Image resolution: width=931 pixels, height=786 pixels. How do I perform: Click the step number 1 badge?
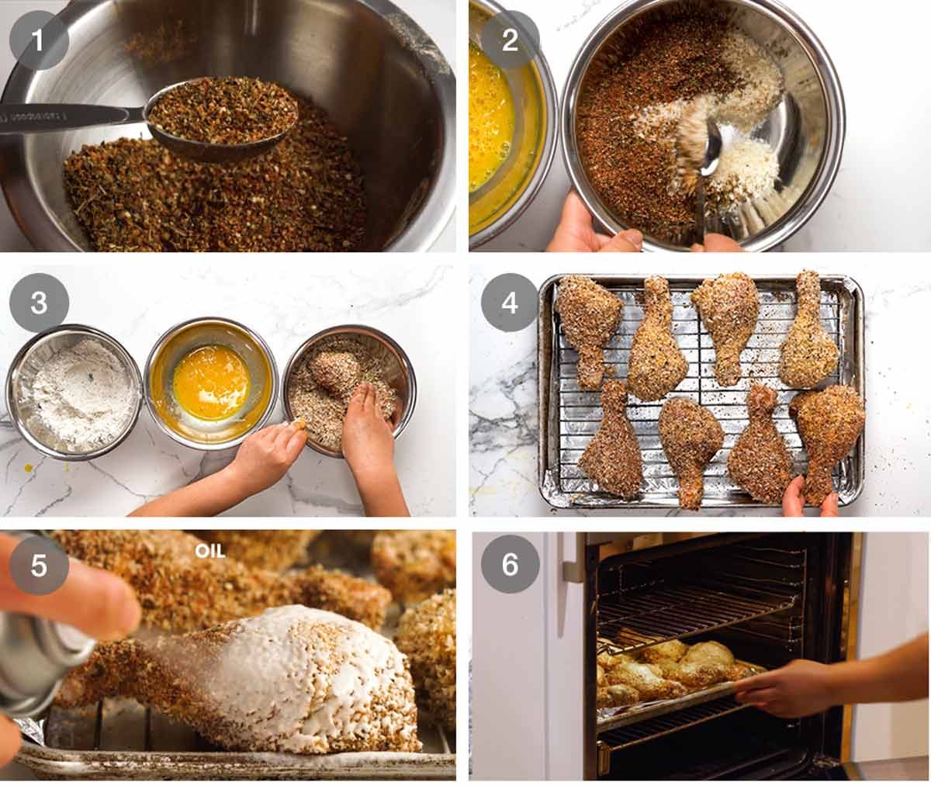[37, 40]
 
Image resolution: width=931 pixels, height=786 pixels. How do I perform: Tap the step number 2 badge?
[510, 40]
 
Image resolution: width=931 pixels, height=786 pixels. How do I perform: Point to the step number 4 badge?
[510, 303]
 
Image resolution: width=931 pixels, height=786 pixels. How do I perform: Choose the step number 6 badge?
[510, 565]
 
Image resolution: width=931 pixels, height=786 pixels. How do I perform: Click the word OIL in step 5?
[209, 551]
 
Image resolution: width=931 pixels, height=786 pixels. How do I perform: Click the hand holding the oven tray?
[784, 688]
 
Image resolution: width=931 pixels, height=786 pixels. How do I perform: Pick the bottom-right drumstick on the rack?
[824, 435]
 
